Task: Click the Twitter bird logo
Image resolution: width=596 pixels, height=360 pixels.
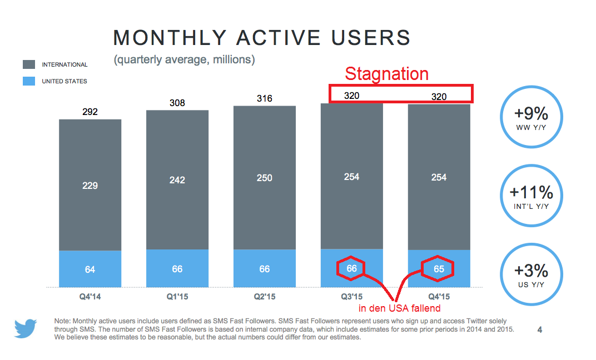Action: (x=26, y=328)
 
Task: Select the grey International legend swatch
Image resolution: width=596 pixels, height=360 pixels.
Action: (x=29, y=64)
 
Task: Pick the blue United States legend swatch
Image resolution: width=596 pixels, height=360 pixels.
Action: (x=29, y=81)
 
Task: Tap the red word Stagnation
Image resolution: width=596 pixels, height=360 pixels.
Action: (x=386, y=74)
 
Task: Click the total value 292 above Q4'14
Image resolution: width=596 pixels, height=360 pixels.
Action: (x=90, y=112)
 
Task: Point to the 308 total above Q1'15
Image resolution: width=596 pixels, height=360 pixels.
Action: (x=177, y=103)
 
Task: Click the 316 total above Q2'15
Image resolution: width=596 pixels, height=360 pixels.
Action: (x=264, y=98)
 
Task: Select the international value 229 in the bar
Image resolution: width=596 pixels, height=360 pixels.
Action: (x=90, y=185)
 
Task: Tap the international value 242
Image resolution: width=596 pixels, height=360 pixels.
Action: (x=177, y=180)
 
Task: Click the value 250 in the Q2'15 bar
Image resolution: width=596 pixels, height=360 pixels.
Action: (x=264, y=178)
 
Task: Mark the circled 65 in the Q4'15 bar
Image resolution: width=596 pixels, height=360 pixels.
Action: (x=438, y=269)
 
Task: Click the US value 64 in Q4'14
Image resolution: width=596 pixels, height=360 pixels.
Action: (x=90, y=269)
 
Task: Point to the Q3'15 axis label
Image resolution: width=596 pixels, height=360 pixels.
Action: (x=351, y=297)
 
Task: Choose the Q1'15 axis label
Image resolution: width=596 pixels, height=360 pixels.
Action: (x=177, y=297)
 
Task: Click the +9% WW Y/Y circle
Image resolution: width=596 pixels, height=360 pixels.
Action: (x=531, y=118)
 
